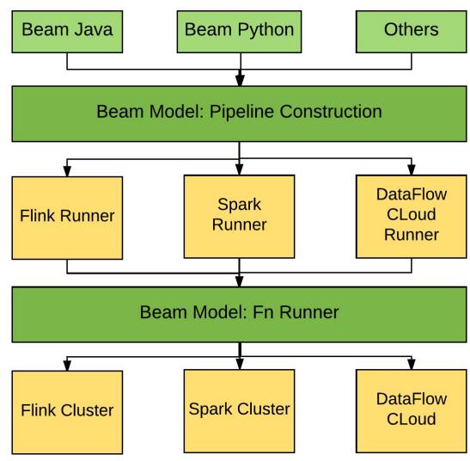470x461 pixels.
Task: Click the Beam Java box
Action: (x=67, y=32)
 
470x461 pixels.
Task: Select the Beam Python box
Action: (x=239, y=32)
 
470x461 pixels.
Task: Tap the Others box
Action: (x=412, y=32)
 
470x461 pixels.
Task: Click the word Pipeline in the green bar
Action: (x=241, y=112)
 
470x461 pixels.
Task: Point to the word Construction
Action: (x=331, y=111)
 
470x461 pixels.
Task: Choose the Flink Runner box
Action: (x=67, y=218)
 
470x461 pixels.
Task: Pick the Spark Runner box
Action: (x=239, y=217)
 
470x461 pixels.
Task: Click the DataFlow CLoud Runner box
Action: (x=412, y=217)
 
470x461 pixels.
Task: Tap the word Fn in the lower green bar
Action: (x=263, y=312)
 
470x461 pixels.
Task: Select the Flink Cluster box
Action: (x=67, y=412)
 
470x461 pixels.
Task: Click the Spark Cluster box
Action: (x=239, y=411)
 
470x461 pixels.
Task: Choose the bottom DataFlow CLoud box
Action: (x=412, y=411)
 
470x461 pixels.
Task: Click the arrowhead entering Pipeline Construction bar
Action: (x=240, y=80)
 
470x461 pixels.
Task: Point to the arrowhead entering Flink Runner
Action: (x=67, y=171)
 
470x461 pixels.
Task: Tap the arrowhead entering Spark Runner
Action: (x=239, y=169)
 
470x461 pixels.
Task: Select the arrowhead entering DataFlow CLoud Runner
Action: (x=412, y=169)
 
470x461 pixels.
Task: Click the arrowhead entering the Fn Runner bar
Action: (x=239, y=281)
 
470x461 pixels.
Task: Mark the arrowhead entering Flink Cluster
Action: (x=67, y=366)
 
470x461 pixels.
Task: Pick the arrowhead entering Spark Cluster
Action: (x=240, y=364)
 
